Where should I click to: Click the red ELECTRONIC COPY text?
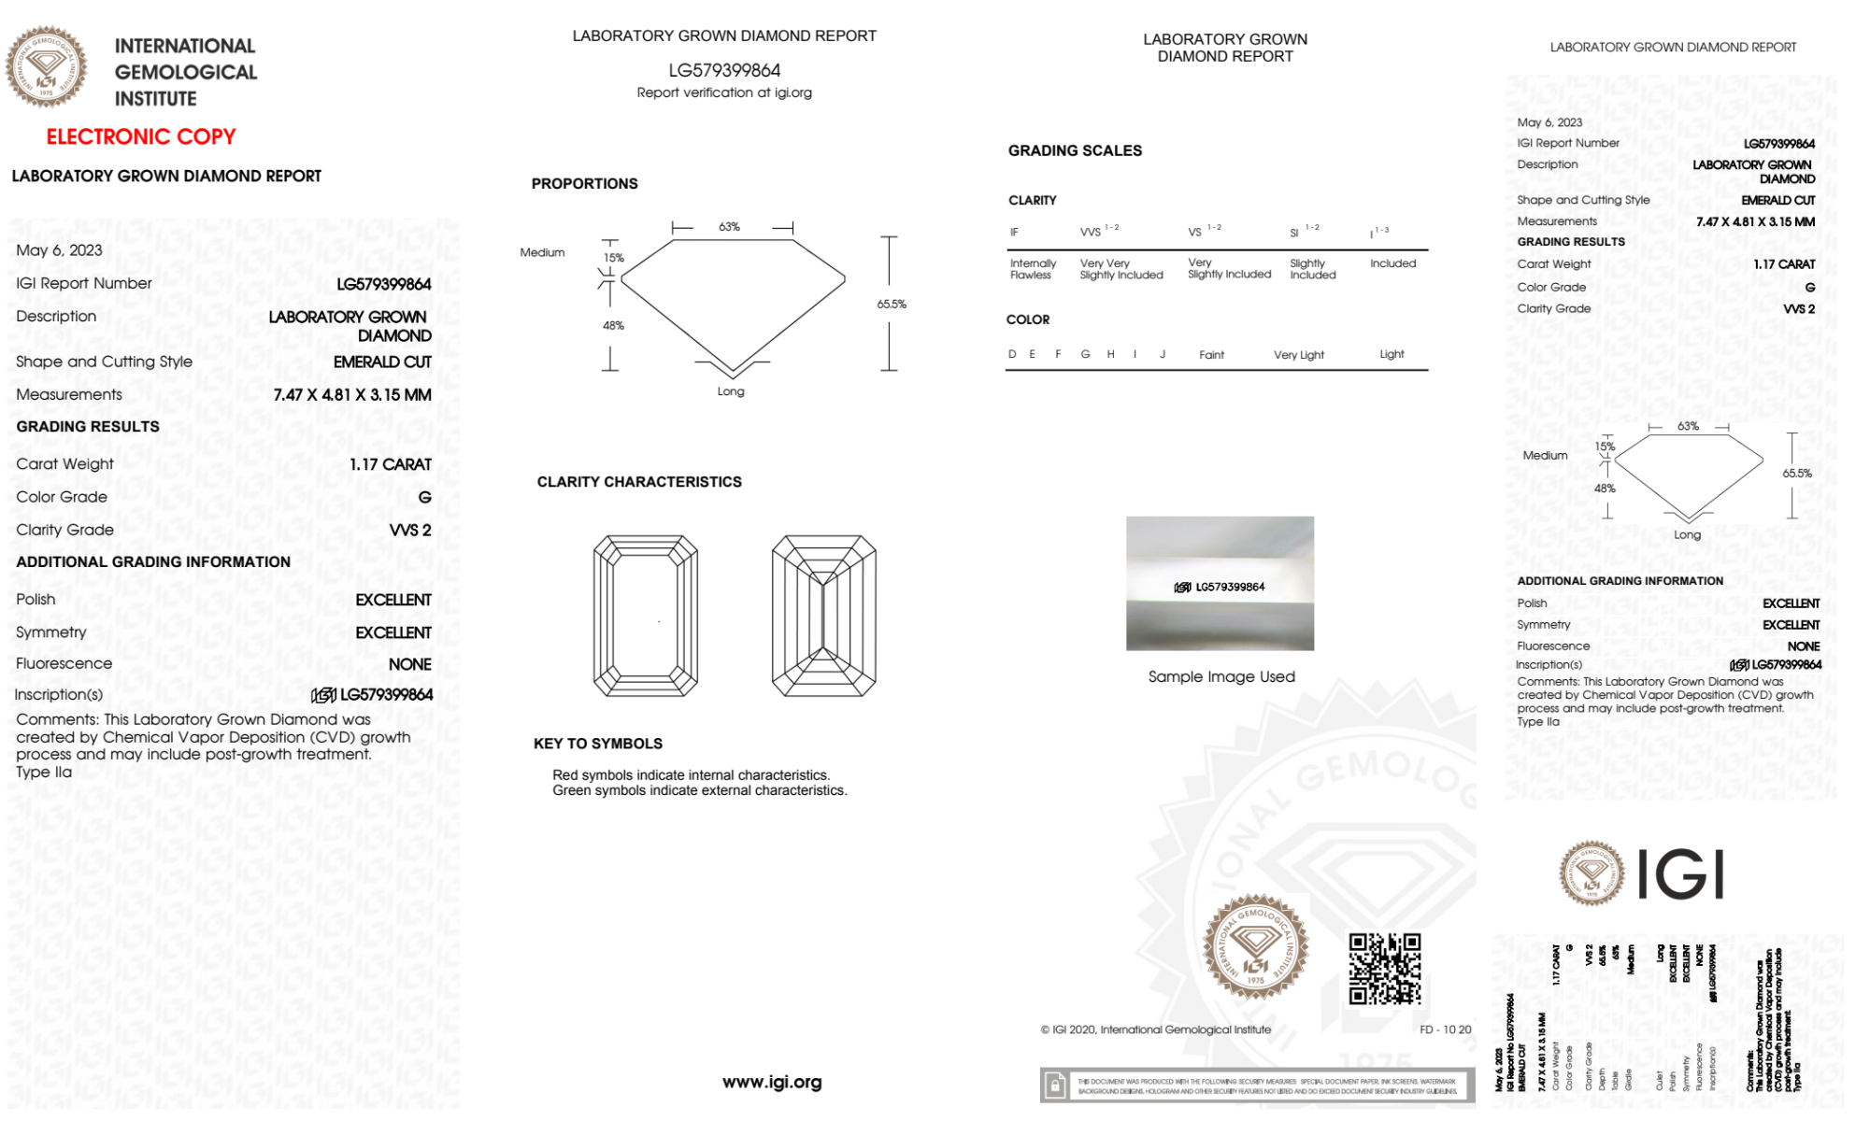click(x=141, y=136)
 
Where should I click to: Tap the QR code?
click(x=1384, y=969)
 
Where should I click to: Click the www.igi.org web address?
click(x=772, y=1082)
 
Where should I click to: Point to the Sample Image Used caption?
click(x=1221, y=676)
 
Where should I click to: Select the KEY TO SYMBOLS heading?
click(x=598, y=744)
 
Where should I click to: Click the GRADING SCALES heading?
click(x=1075, y=150)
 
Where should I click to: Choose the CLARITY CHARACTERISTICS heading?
click(x=639, y=482)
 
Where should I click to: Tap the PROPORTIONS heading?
click(x=585, y=184)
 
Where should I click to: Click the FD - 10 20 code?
click(x=1445, y=1029)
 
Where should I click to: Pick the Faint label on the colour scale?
click(x=1211, y=355)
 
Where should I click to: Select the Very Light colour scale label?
click(x=1299, y=355)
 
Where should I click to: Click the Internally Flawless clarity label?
click(x=1033, y=269)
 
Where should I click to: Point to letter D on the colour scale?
click(x=1012, y=354)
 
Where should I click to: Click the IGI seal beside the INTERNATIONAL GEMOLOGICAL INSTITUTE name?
click(x=46, y=67)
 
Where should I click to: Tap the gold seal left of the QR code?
click(x=1255, y=946)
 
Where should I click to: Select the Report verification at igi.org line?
click(x=724, y=92)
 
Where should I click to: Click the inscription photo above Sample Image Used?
click(x=1220, y=583)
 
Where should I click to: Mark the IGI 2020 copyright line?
click(x=1156, y=1029)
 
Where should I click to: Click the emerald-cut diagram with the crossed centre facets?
click(x=823, y=616)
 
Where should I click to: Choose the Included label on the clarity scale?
click(x=1392, y=263)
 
